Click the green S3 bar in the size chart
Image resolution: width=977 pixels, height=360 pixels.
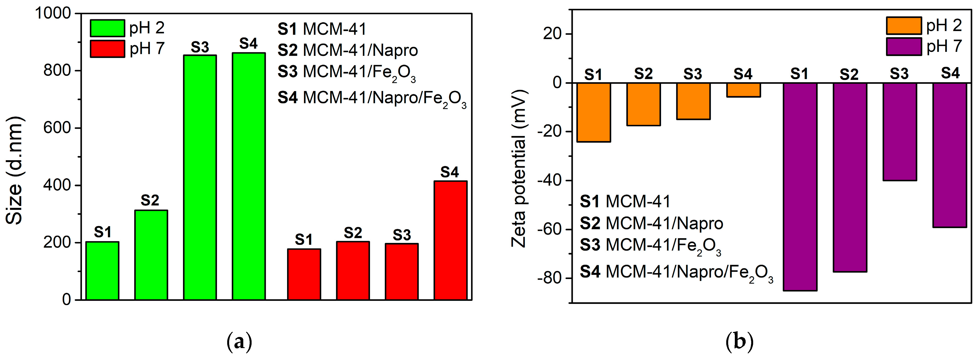(x=200, y=178)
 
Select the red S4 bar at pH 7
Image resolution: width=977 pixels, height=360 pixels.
(x=450, y=240)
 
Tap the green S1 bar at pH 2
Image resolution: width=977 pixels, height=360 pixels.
(x=102, y=271)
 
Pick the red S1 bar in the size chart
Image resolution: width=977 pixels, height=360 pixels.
(x=304, y=274)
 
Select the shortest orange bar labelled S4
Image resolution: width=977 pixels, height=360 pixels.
(x=743, y=90)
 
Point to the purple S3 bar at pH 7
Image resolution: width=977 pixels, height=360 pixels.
(x=900, y=132)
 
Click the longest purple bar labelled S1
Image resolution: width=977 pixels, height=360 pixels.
(x=800, y=187)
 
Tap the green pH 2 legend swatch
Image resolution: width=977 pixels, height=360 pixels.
(x=107, y=28)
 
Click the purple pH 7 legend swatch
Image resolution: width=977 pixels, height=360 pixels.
(x=904, y=47)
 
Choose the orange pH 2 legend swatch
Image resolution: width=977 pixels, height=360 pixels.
(x=904, y=26)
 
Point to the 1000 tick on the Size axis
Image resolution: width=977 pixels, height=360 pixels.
(x=53, y=13)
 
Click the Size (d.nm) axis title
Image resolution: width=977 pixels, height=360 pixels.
(x=14, y=171)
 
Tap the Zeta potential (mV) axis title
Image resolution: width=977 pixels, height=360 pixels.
(x=519, y=169)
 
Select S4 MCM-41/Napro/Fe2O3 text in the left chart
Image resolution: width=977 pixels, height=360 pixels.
(x=372, y=98)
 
